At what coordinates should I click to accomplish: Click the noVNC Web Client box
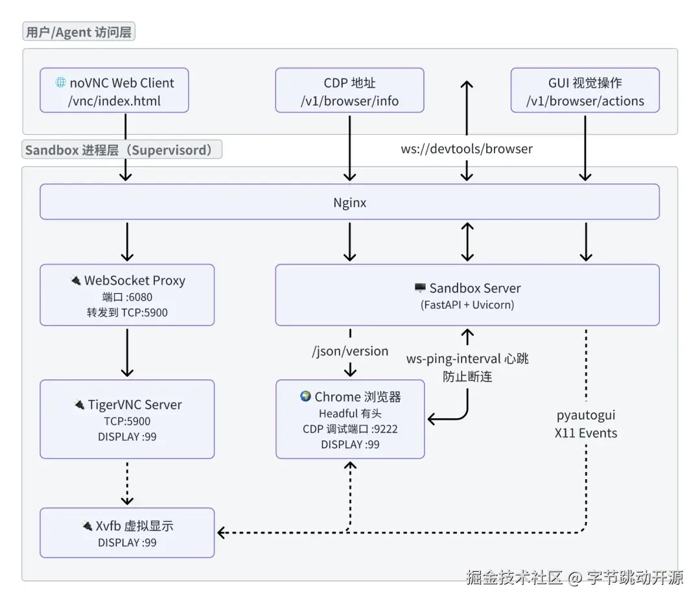[x=114, y=91]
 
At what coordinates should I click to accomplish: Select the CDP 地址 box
[x=349, y=91]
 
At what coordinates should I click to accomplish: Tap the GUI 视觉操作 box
[x=585, y=91]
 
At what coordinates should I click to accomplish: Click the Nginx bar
[x=349, y=202]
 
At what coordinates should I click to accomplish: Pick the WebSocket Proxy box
[x=127, y=294]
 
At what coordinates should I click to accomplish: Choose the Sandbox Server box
[x=467, y=294]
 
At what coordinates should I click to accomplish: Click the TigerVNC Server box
[x=127, y=419]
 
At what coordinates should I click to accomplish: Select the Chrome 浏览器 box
[x=350, y=419]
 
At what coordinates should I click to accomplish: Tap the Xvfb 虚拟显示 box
[x=127, y=532]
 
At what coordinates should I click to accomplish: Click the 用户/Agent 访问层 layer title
[x=79, y=32]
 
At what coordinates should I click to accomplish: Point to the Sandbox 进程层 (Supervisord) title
[x=122, y=150]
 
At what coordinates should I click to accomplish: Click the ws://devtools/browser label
[x=467, y=148]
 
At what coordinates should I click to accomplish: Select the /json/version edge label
[x=350, y=351]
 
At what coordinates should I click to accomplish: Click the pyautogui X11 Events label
[x=586, y=423]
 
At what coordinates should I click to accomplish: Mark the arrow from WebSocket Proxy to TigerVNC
[x=127, y=352]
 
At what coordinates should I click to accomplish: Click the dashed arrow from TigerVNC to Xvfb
[x=127, y=483]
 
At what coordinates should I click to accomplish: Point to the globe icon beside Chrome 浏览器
[x=305, y=396]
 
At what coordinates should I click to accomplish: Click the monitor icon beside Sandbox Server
[x=420, y=287]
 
